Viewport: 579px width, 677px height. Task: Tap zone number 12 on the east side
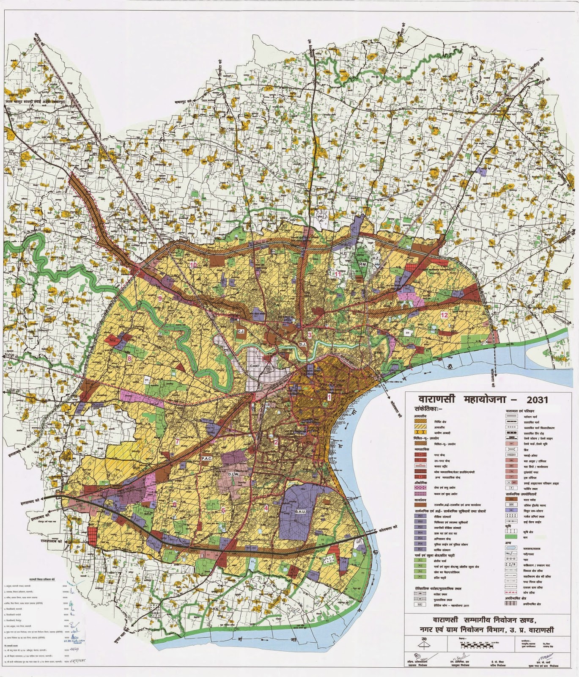(444, 315)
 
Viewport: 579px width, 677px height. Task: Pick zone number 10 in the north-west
(193, 265)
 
